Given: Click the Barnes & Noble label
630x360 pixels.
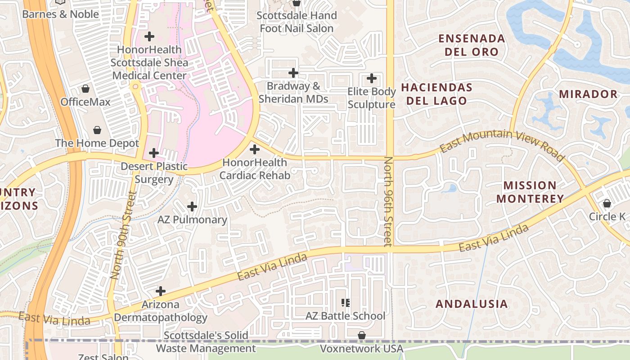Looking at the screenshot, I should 60,14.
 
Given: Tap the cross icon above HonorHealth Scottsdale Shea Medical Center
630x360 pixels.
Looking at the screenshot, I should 149,36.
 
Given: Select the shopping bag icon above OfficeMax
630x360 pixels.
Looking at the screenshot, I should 85,89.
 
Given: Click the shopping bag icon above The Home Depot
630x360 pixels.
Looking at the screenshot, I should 97,130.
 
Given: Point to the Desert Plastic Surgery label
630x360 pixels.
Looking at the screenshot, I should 154,173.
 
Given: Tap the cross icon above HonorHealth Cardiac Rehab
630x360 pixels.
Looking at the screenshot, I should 255,149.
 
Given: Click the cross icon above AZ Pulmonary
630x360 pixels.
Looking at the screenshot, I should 192,207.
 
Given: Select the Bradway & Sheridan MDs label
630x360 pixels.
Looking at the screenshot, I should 293,92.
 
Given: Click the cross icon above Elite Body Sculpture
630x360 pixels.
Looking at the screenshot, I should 372,78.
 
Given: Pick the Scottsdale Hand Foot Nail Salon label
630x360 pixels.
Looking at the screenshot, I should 297,22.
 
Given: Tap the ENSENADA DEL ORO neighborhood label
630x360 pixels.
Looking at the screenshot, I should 472,45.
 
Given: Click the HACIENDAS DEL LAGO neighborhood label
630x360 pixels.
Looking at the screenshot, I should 436,94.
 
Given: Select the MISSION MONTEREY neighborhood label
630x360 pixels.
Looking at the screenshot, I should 530,192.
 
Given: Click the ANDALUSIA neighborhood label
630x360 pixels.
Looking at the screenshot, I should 472,304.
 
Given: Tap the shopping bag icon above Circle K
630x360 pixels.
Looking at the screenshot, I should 607,203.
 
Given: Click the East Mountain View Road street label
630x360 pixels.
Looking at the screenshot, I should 502,143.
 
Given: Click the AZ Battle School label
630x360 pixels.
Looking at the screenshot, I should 345,316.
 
